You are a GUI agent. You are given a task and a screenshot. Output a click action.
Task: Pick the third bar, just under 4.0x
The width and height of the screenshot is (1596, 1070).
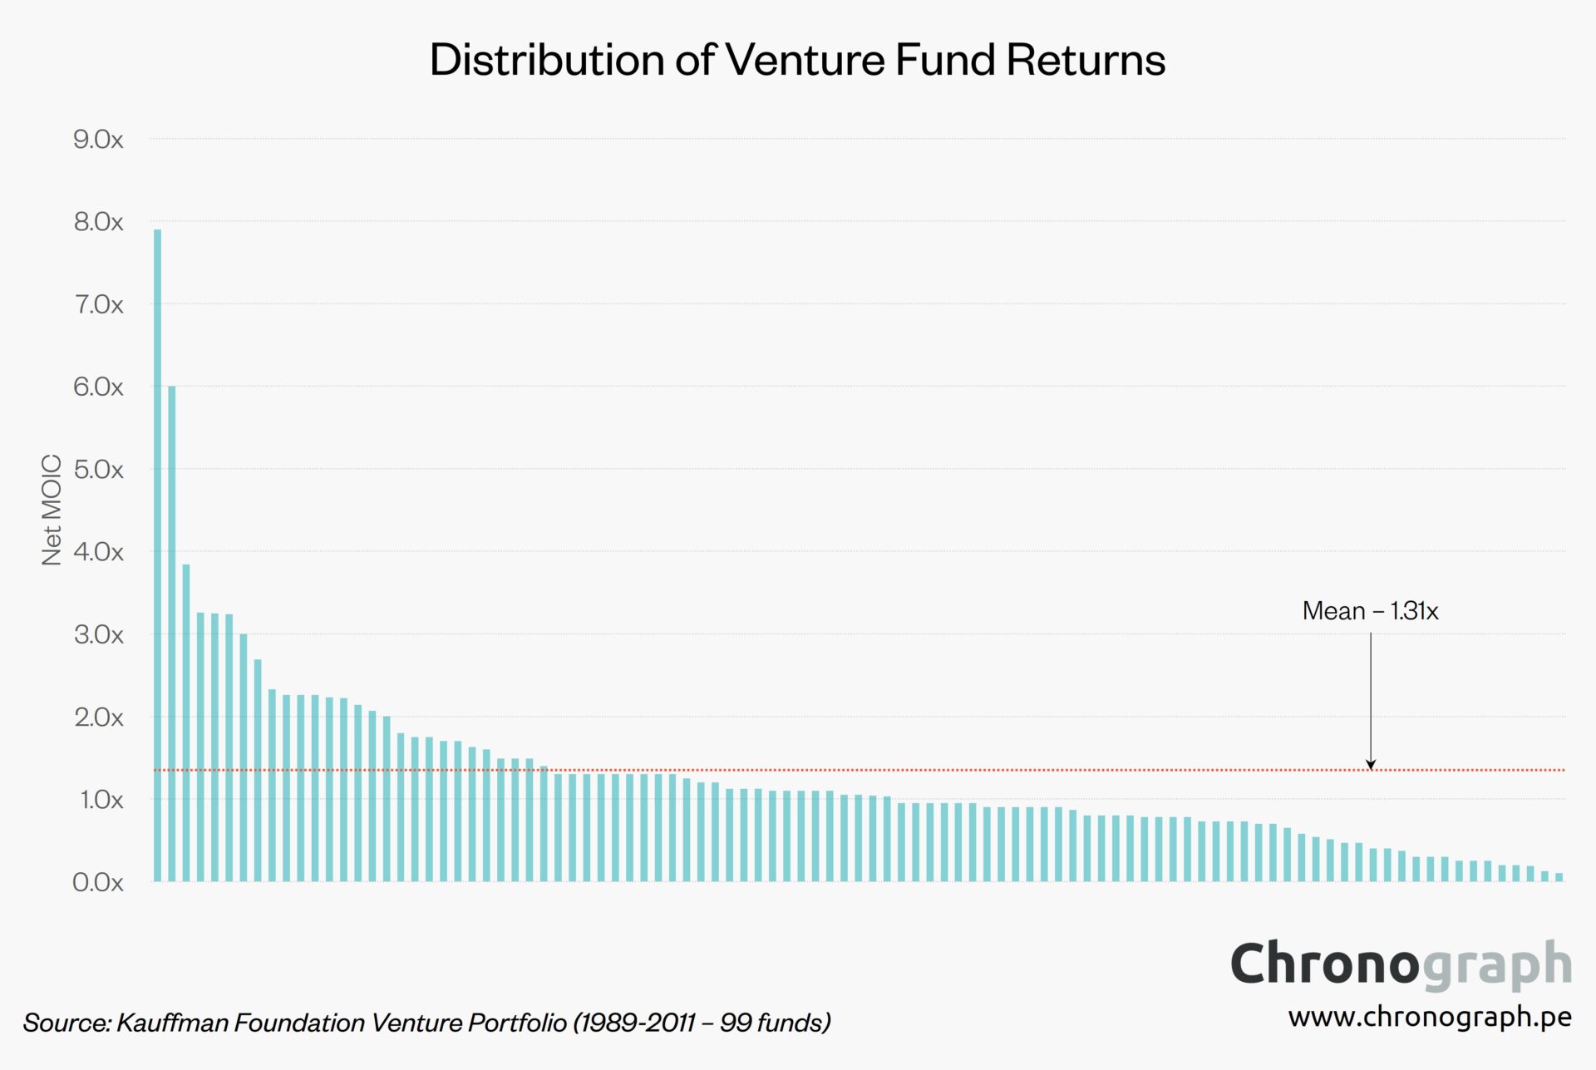pyautogui.click(x=186, y=722)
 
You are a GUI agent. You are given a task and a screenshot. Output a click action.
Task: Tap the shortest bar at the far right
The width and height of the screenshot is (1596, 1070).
pyautogui.click(x=1559, y=877)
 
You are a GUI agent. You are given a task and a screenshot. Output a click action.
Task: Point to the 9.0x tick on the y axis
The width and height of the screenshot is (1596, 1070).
pyautogui.click(x=98, y=139)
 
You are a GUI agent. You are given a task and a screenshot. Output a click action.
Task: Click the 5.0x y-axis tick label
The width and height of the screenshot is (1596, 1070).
pyautogui.click(x=98, y=469)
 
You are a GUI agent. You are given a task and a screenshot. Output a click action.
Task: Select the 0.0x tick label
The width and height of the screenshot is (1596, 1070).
pyautogui.click(x=98, y=882)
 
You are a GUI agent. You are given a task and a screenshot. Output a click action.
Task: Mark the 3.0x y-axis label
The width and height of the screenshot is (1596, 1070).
pyautogui.click(x=98, y=634)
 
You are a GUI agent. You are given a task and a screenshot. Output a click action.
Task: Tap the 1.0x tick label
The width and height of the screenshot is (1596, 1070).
pyautogui.click(x=101, y=800)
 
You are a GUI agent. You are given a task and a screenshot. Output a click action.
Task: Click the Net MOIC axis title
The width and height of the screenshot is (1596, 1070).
pyautogui.click(x=52, y=510)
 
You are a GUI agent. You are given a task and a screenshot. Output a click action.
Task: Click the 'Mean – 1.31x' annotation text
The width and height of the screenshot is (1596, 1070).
pyautogui.click(x=1370, y=611)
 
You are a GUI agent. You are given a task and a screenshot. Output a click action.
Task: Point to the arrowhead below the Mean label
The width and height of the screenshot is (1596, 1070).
pyautogui.click(x=1371, y=764)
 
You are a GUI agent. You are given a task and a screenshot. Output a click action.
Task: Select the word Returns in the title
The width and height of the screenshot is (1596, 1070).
pyautogui.click(x=1086, y=60)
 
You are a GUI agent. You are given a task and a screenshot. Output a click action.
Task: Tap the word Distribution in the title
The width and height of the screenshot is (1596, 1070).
pyautogui.click(x=547, y=60)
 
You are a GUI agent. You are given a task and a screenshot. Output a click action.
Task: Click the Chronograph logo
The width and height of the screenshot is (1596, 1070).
pyautogui.click(x=1401, y=964)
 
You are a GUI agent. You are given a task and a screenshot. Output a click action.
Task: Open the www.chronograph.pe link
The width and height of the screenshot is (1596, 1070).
pyautogui.click(x=1429, y=1017)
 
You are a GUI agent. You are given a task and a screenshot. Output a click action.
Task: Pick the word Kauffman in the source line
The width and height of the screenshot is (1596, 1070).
pyautogui.click(x=174, y=1023)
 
